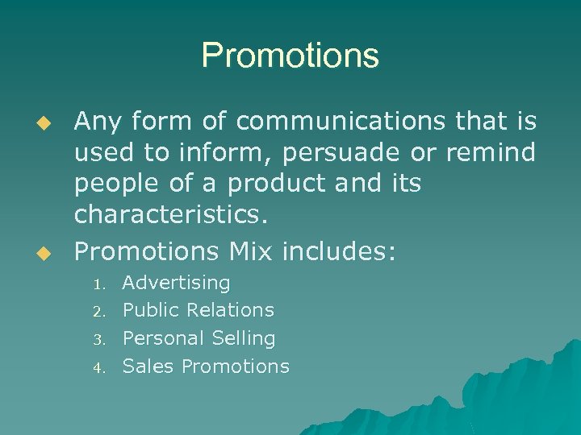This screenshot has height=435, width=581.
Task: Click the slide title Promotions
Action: [x=290, y=56]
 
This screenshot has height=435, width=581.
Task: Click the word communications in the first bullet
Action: [x=340, y=121]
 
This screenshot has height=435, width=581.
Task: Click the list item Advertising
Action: [x=176, y=284]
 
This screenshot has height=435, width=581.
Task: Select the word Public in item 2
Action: [x=151, y=310]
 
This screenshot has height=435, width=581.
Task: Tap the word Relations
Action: [x=230, y=310]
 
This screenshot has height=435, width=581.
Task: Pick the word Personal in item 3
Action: [x=161, y=338]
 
